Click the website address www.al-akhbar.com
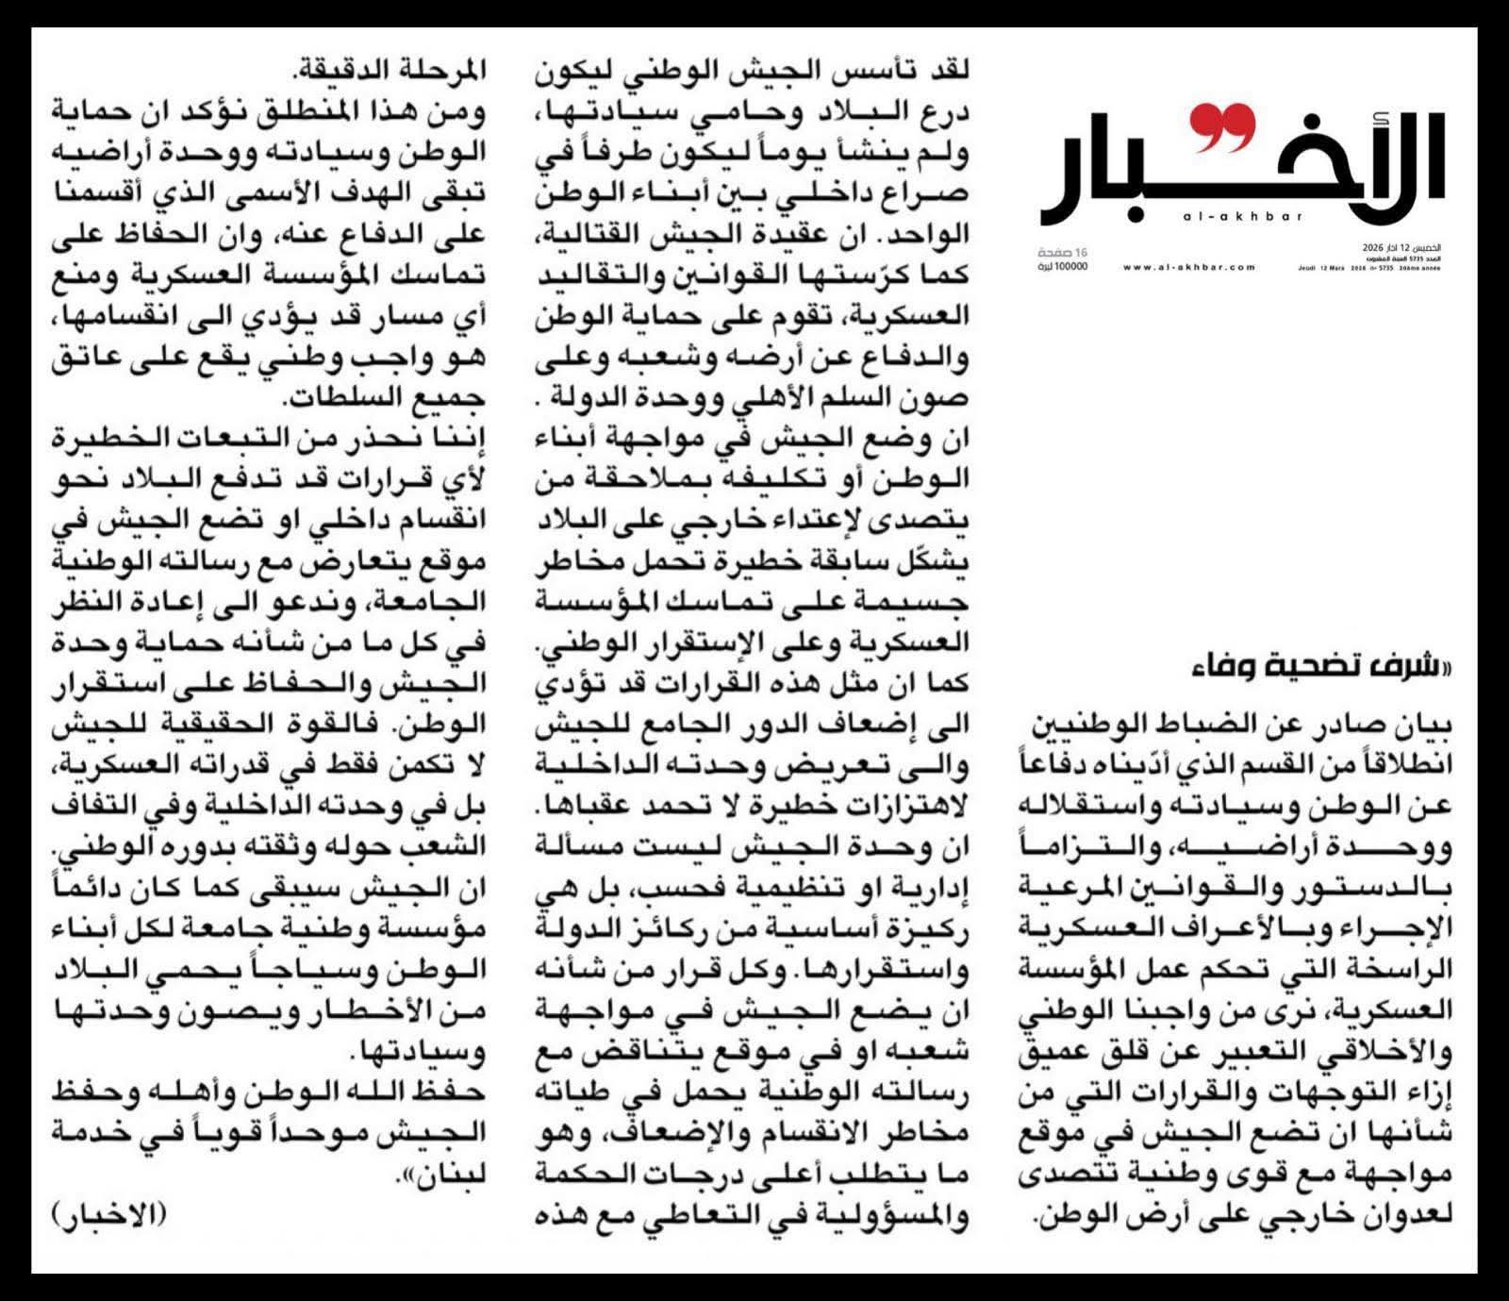click(1189, 267)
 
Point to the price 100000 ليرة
click(1063, 267)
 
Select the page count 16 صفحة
click(1063, 252)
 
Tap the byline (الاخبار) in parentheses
click(104, 1214)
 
